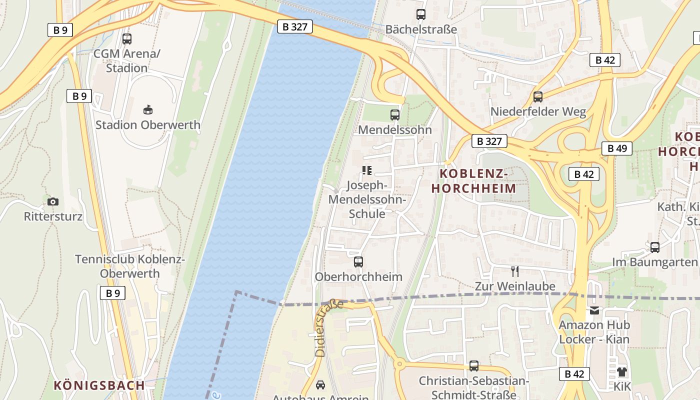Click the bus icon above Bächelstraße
[x=420, y=14]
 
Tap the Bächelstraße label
[x=421, y=29]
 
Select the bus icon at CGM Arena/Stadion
[x=127, y=38]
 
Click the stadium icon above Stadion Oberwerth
[x=148, y=109]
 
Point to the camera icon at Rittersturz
[x=53, y=201]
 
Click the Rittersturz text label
[x=53, y=216]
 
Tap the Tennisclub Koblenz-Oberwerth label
[x=130, y=266]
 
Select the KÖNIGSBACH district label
[x=99, y=385]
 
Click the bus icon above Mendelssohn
[x=395, y=114]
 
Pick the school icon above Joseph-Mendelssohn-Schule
[x=367, y=170]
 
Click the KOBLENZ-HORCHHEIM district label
[x=473, y=181]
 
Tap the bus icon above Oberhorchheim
[x=358, y=261]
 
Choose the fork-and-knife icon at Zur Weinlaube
[x=515, y=271]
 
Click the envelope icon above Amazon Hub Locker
[x=594, y=310]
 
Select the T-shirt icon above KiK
[x=621, y=371]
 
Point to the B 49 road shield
[x=617, y=148]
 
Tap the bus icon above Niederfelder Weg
[x=538, y=96]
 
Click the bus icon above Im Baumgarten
[x=655, y=247]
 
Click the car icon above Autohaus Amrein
[x=320, y=385]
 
